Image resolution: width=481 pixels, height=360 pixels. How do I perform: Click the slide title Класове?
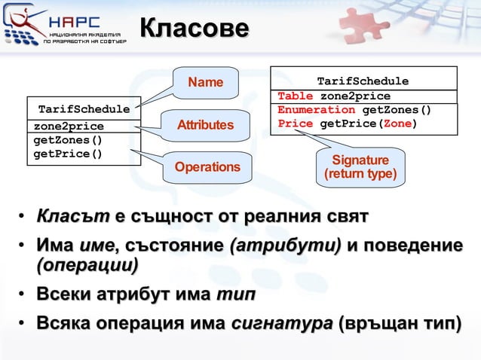point(194,29)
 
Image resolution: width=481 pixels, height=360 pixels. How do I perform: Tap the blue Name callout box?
point(205,82)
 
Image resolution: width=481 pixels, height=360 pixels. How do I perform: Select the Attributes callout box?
point(205,124)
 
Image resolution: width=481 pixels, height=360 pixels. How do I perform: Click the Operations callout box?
point(207,166)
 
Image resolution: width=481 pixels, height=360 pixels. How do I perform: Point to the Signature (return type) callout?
point(361,167)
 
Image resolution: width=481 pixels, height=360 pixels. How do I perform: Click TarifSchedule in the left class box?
point(84,109)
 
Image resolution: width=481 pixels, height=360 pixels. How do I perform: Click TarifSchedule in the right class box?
point(363,81)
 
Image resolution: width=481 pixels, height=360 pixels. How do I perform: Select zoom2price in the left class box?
point(69,126)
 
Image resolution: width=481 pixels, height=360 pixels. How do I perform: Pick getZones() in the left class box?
point(69,140)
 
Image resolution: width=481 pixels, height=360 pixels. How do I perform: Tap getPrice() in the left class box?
point(69,155)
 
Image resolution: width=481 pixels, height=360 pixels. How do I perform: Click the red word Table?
point(294,96)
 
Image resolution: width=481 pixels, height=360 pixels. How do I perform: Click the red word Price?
point(294,124)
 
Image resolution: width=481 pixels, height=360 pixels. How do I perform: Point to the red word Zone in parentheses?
point(397,124)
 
